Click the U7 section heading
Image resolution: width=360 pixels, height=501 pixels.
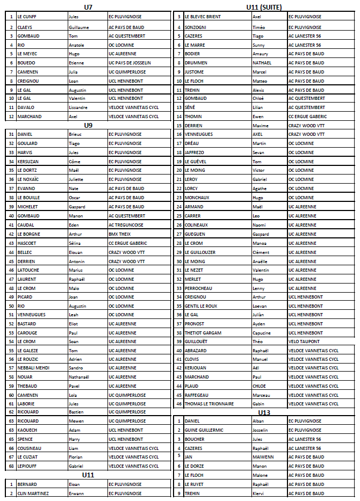[88, 7]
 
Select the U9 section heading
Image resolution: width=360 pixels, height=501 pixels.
[88, 125]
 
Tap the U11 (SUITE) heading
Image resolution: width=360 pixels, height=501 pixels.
[263, 7]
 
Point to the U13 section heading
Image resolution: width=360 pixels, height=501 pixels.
[263, 412]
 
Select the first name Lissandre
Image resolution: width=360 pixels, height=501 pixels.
[78, 107]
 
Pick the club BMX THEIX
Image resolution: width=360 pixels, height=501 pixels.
[119, 234]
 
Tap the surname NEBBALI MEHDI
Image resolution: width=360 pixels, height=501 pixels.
[33, 368]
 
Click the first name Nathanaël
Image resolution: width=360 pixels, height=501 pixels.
[80, 377]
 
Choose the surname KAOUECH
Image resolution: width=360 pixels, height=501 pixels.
[27, 430]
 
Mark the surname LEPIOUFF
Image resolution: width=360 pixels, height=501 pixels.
[28, 466]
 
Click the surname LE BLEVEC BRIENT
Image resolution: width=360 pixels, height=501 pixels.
[203, 17]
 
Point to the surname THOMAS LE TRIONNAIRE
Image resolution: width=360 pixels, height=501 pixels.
[209, 404]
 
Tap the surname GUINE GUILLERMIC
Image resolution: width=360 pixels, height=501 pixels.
[204, 430]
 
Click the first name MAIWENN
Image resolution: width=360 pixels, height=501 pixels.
[263, 457]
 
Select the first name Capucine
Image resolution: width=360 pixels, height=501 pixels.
[262, 333]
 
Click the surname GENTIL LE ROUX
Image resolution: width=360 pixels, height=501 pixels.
[201, 306]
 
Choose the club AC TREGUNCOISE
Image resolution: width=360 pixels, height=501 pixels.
[126, 225]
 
